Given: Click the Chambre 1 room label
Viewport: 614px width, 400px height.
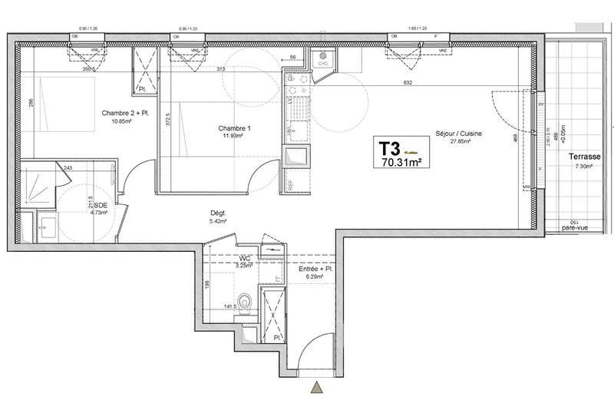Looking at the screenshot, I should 234,127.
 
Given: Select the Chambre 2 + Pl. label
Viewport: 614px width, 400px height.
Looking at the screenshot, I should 126,113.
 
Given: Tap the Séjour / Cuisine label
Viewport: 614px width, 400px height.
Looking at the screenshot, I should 458,134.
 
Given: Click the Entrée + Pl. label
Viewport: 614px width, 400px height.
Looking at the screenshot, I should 315,269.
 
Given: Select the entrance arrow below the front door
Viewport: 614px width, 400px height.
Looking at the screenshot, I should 316,388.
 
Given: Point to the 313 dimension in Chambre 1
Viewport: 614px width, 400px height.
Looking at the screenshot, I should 221,69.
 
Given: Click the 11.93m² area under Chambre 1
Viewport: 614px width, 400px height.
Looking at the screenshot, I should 234,136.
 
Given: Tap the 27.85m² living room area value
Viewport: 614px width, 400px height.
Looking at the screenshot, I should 458,142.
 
